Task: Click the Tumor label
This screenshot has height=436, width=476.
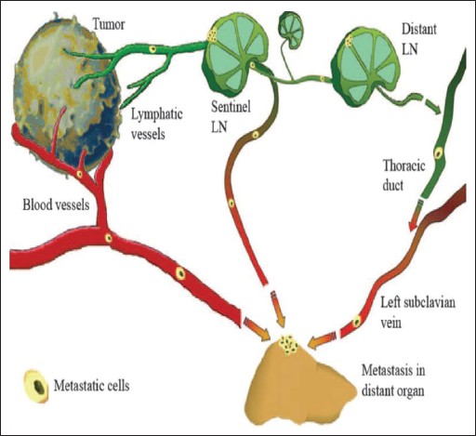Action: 109,24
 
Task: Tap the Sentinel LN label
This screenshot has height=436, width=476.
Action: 231,117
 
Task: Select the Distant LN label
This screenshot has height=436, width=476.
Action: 419,39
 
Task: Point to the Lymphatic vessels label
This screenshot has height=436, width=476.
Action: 157,125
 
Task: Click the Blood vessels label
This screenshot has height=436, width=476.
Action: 56,205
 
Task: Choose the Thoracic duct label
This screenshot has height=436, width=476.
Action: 404,176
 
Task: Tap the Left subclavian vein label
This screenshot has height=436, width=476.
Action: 418,312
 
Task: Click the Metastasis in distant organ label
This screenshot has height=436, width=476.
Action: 393,380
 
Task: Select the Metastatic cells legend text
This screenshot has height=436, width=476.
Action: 91,386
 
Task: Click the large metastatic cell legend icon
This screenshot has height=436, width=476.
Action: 37,386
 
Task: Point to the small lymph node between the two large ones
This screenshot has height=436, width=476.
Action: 291,30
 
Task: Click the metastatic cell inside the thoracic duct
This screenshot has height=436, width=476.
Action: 439,153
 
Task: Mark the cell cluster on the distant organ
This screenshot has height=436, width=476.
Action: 288,344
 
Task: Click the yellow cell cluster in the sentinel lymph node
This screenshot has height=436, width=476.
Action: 213,35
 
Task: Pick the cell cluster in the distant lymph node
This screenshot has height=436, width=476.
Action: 350,40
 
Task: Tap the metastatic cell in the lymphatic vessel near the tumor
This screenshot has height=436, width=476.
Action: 152,49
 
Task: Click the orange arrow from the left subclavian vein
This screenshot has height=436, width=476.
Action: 323,341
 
